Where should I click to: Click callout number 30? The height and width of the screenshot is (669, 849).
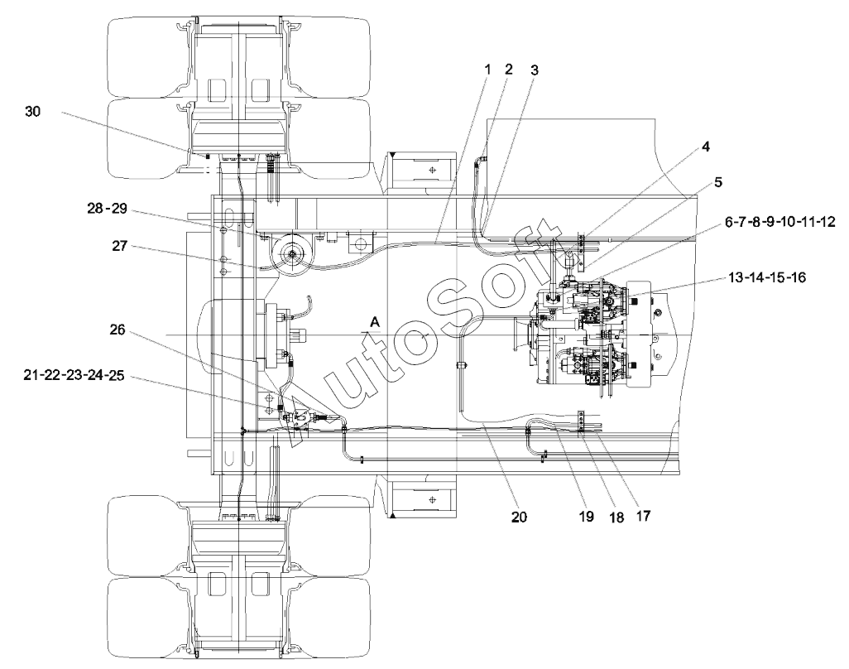coord(33,112)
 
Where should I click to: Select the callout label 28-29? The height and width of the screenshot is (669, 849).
coord(108,209)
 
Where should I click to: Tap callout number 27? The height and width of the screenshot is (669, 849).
coord(120,246)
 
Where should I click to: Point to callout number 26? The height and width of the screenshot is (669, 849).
coord(118,330)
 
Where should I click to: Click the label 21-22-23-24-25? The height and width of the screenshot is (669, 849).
coord(74,375)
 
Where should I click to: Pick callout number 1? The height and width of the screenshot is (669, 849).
coord(487,70)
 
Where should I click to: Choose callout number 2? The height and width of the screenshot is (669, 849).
coord(508,69)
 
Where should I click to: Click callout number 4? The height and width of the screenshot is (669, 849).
coord(706,147)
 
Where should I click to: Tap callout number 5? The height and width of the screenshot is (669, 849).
coord(718,182)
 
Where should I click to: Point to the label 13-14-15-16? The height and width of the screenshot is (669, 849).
coord(767,277)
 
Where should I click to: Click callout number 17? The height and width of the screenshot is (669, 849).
coord(643,517)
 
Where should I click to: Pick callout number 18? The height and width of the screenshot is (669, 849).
coord(616,517)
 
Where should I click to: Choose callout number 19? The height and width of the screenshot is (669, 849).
coord(587,517)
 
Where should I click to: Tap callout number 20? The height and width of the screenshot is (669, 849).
coord(519,517)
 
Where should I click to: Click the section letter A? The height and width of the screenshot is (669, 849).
coord(375,323)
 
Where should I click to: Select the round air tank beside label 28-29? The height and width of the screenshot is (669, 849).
coord(292,254)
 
